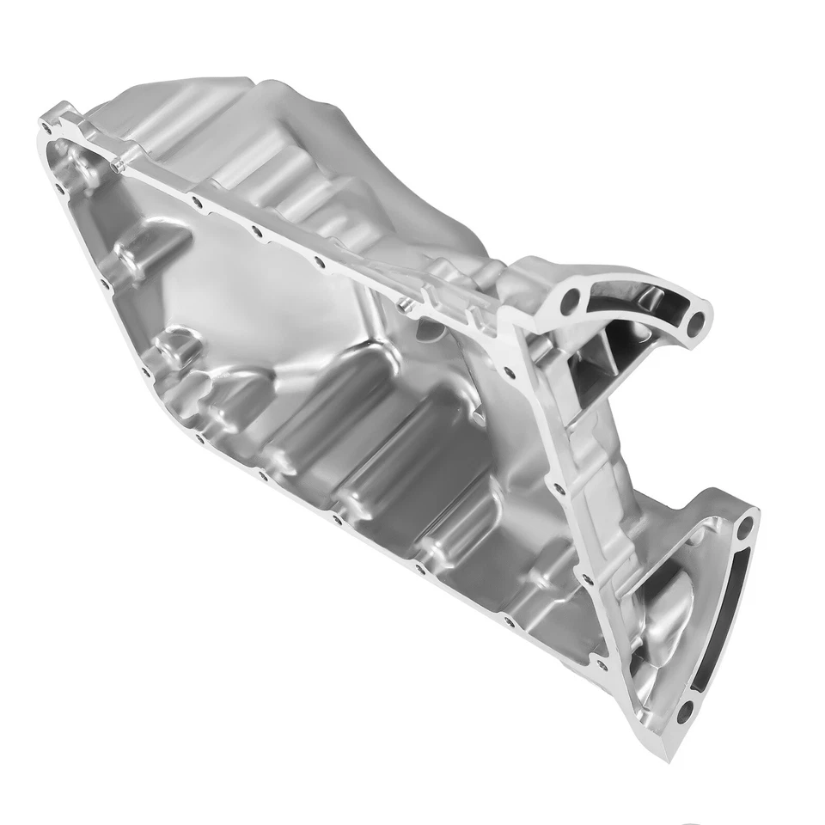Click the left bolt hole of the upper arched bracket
click(x=568, y=302)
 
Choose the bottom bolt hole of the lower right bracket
click(x=684, y=712)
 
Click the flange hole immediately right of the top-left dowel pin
click(x=197, y=203)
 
